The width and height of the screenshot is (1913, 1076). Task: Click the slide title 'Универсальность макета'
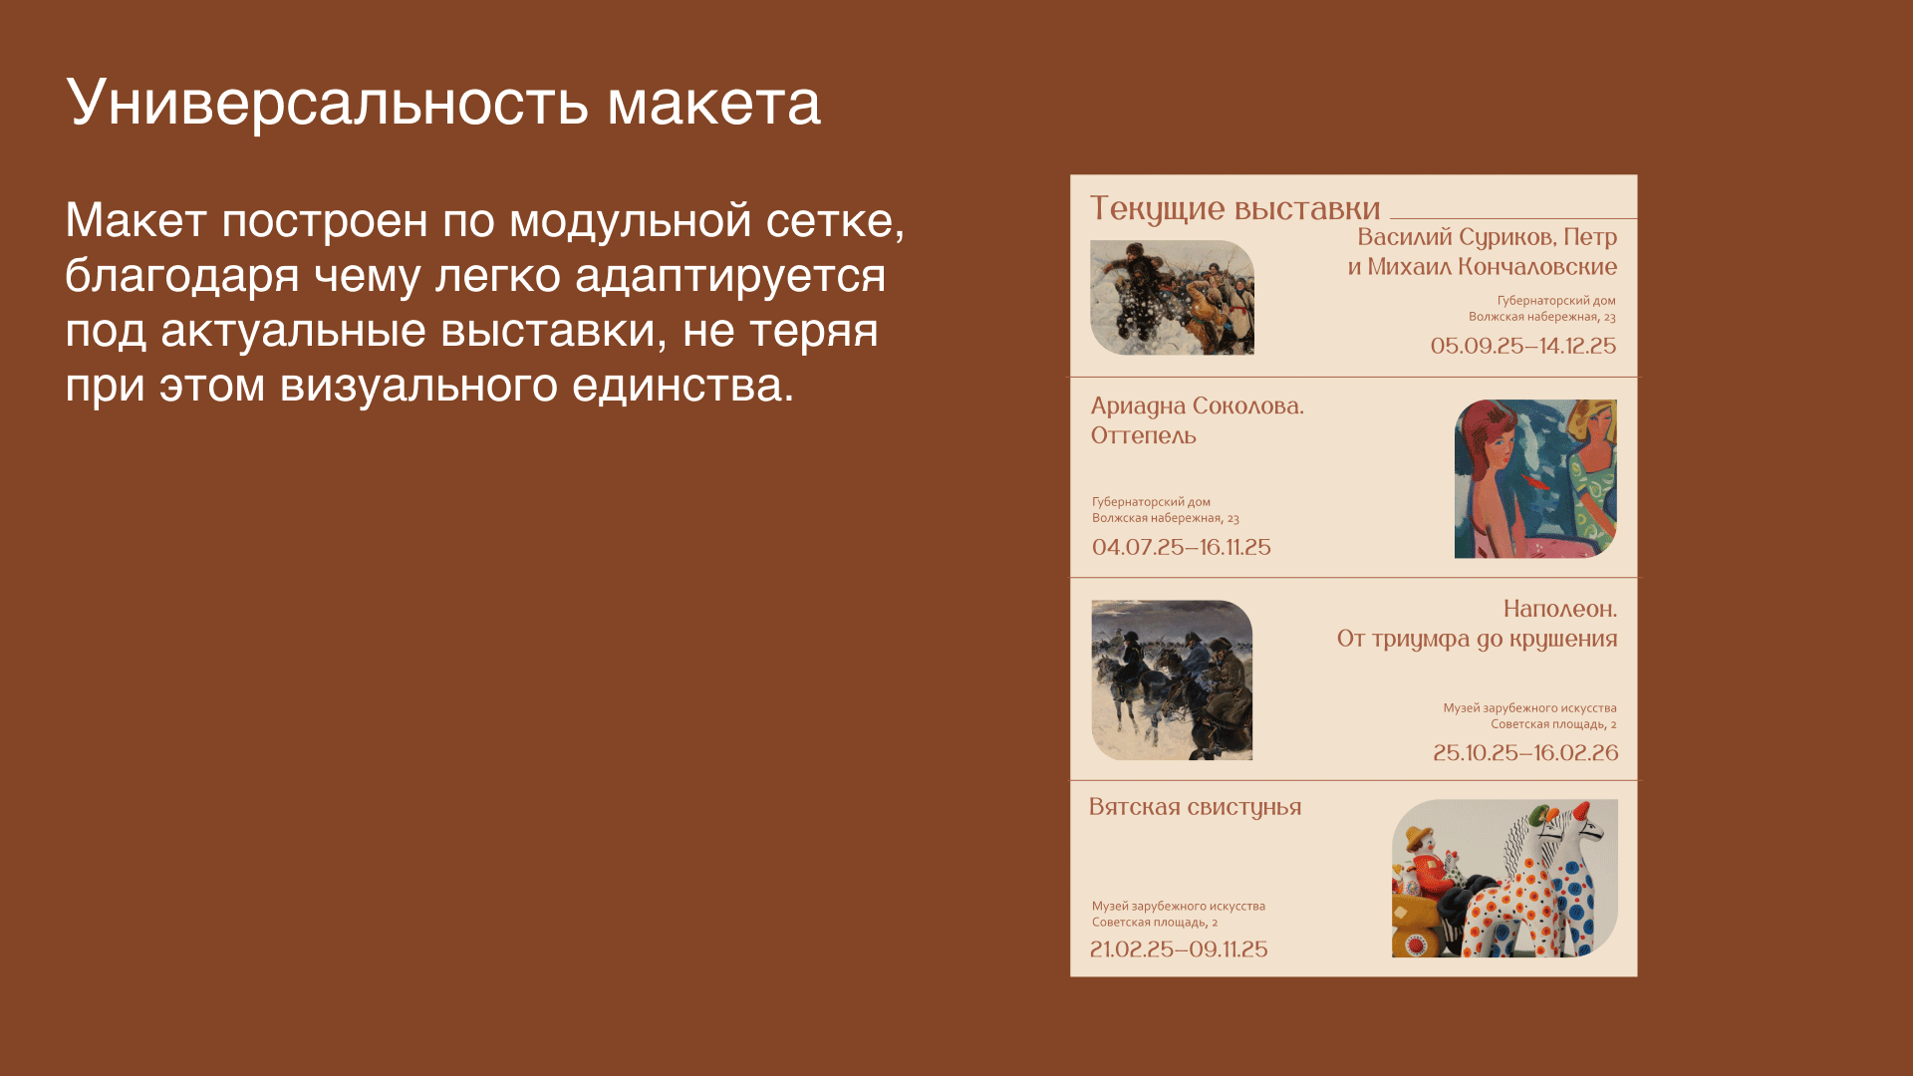pos(443,102)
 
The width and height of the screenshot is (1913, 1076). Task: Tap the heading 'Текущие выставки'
pos(1234,208)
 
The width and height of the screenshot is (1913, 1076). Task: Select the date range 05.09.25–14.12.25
pos(1522,346)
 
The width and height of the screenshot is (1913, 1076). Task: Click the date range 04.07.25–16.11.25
pos(1181,547)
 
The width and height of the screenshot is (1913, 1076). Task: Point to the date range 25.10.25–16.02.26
pos(1524,753)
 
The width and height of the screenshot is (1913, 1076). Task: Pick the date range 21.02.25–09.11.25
pos(1178,949)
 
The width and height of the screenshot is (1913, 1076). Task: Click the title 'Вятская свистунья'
pos(1195,807)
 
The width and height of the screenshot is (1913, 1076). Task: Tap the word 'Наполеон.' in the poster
pos(1559,609)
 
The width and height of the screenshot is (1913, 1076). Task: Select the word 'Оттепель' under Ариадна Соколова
pos(1143,436)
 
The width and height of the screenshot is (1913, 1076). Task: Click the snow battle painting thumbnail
pos(1172,297)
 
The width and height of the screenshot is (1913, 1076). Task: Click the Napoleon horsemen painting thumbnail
pos(1172,679)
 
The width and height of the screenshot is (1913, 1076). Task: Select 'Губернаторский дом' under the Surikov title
pos(1555,300)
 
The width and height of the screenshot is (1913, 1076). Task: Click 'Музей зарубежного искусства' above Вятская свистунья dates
pos(1178,906)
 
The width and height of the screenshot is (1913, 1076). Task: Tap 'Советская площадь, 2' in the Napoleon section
pos(1552,724)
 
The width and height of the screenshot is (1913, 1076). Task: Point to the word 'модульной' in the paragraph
pos(630,220)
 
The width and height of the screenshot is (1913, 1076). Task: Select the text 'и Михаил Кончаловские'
pos(1482,267)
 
